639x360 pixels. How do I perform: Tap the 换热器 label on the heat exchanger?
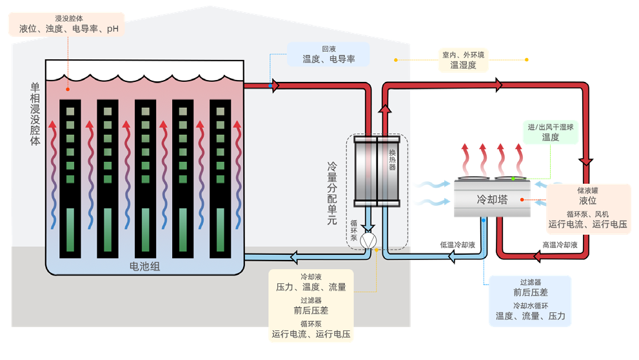392,158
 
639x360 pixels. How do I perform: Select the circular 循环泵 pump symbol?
369,240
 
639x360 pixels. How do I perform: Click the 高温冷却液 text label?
559,245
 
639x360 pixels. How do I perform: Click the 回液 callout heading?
329,49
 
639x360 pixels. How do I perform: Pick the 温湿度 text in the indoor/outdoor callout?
463,65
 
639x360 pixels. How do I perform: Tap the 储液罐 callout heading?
587,191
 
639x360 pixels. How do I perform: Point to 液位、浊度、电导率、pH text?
69,29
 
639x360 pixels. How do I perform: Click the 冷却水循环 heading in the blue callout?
530,305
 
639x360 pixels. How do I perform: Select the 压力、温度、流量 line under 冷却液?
311,287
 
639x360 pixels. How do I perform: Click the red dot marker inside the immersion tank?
67,90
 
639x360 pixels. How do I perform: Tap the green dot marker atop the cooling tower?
513,179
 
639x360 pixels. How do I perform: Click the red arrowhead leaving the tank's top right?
275,85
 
